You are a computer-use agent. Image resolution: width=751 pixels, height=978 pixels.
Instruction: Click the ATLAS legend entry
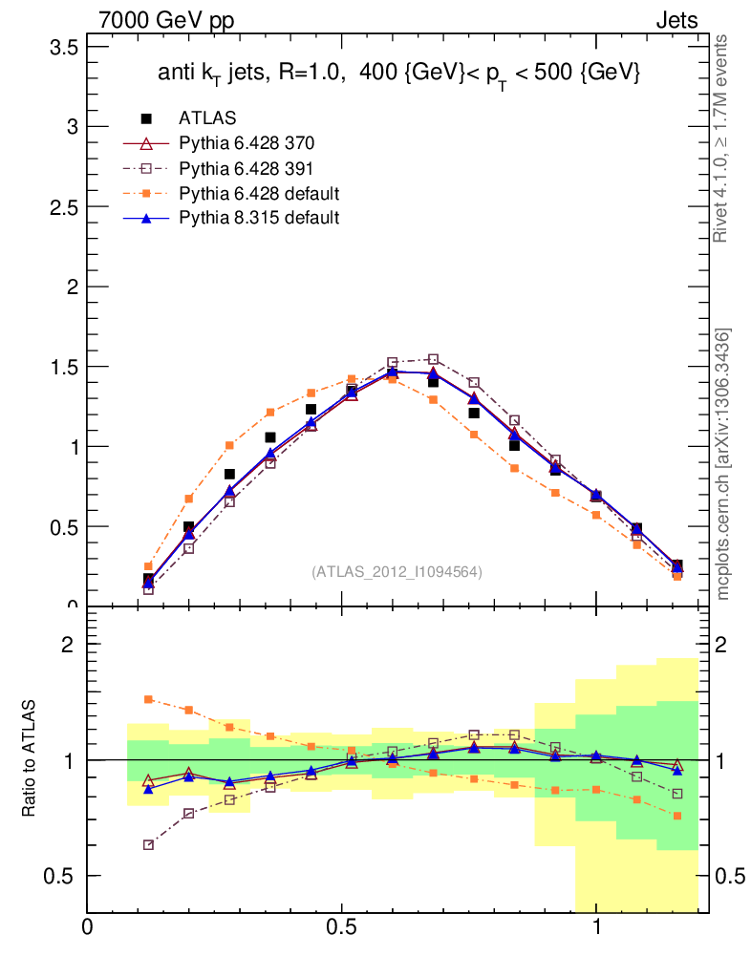pyautogui.click(x=207, y=118)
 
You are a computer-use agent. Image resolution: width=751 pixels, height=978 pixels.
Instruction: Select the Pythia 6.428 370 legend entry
pyautogui.click(x=247, y=143)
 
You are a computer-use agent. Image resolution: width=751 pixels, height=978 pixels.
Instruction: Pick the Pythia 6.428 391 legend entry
pyautogui.click(x=247, y=168)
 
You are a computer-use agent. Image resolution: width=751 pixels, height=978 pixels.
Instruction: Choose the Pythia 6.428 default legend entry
pyautogui.click(x=259, y=193)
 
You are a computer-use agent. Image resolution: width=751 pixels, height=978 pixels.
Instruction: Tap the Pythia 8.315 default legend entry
pyautogui.click(x=259, y=218)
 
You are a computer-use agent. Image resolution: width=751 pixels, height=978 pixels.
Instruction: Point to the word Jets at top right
pyautogui.click(x=676, y=20)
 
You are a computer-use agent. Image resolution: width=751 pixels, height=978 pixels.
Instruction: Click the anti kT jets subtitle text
pyautogui.click(x=397, y=74)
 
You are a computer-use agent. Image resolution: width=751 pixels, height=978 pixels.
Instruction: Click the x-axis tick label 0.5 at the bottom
pyautogui.click(x=341, y=925)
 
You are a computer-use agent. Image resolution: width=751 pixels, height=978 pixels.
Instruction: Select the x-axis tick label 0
pyautogui.click(x=88, y=925)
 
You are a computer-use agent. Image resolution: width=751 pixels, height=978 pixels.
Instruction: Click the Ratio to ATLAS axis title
pyautogui.click(x=28, y=759)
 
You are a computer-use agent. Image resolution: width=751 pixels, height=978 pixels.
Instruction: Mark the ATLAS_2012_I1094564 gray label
pyautogui.click(x=397, y=572)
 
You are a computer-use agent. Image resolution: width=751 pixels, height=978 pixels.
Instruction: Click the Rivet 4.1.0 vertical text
pyautogui.click(x=721, y=138)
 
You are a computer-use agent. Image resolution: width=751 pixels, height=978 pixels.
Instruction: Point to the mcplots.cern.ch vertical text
pyautogui.click(x=723, y=463)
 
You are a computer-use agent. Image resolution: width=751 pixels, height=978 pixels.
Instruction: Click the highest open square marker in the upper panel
pyautogui.click(x=433, y=360)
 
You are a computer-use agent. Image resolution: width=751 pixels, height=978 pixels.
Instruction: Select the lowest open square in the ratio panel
pyautogui.click(x=148, y=845)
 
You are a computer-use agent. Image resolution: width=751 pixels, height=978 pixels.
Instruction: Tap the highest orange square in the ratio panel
pyautogui.click(x=148, y=699)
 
